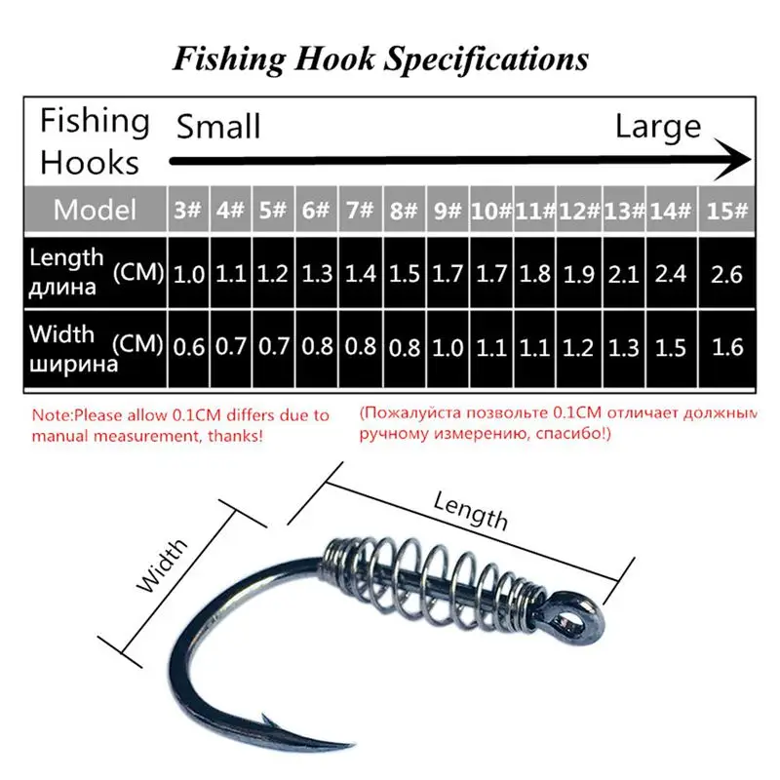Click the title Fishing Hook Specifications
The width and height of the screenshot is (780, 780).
point(380,58)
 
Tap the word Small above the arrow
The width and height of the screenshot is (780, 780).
point(218,126)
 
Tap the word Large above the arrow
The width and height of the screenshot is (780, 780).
point(658,126)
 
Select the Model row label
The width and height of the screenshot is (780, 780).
point(96,209)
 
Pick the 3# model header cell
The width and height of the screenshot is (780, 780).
point(189,210)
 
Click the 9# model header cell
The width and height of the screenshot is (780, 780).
point(448,210)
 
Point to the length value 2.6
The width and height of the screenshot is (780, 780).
point(727,274)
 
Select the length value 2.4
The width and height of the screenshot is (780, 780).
point(671,274)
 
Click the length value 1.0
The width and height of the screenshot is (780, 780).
point(189,274)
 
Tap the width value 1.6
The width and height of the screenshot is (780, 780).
point(727,347)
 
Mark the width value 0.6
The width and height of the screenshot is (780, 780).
point(189,347)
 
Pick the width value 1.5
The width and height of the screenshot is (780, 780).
point(671,347)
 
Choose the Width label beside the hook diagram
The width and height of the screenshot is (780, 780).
point(162,568)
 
